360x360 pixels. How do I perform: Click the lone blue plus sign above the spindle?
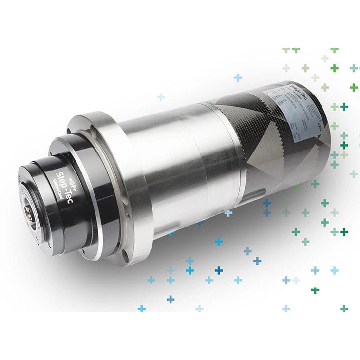238,77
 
